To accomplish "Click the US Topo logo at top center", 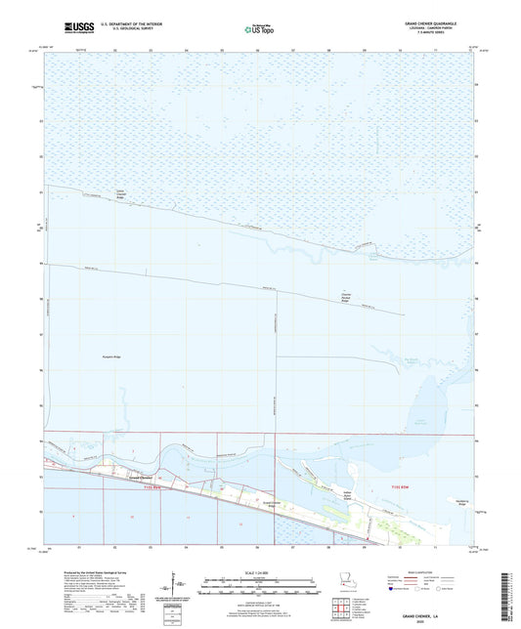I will point(260,26).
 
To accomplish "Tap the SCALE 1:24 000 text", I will point(260,573).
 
